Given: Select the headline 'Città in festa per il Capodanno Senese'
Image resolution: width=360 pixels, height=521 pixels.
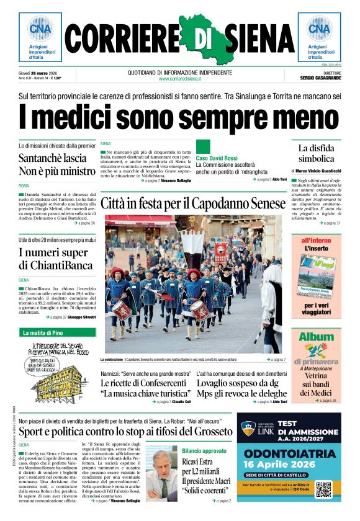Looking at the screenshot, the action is pos(192,203).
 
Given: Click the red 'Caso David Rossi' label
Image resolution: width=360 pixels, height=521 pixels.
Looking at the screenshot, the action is pos(217,158).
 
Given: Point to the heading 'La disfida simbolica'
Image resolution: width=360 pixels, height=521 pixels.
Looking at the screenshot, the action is pos(316,153).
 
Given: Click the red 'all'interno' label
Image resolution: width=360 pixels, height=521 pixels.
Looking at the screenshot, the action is pos(316,240).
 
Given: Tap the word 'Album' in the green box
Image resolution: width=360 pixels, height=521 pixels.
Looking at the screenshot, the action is pos(316,337).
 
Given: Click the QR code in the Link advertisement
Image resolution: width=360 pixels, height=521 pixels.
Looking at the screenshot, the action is pos(324,489).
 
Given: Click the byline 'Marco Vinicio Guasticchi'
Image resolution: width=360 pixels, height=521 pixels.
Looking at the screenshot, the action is pos(318,171).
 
